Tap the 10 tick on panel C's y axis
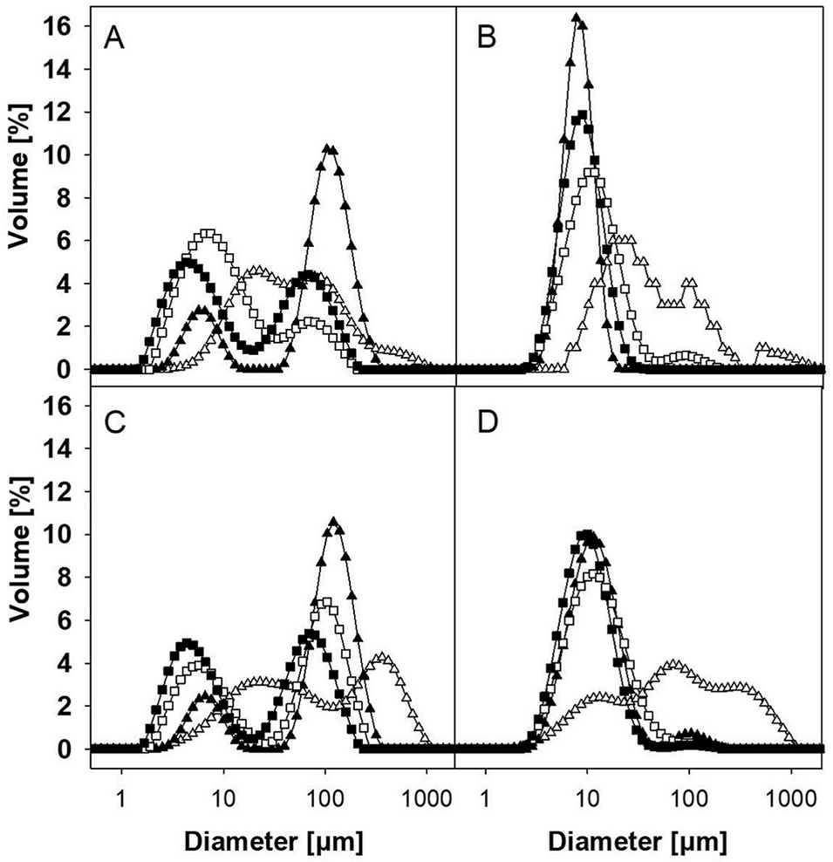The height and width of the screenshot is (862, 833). click(x=69, y=534)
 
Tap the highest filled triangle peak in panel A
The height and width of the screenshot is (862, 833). click(x=327, y=149)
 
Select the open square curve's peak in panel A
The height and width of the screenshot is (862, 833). click(x=208, y=234)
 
